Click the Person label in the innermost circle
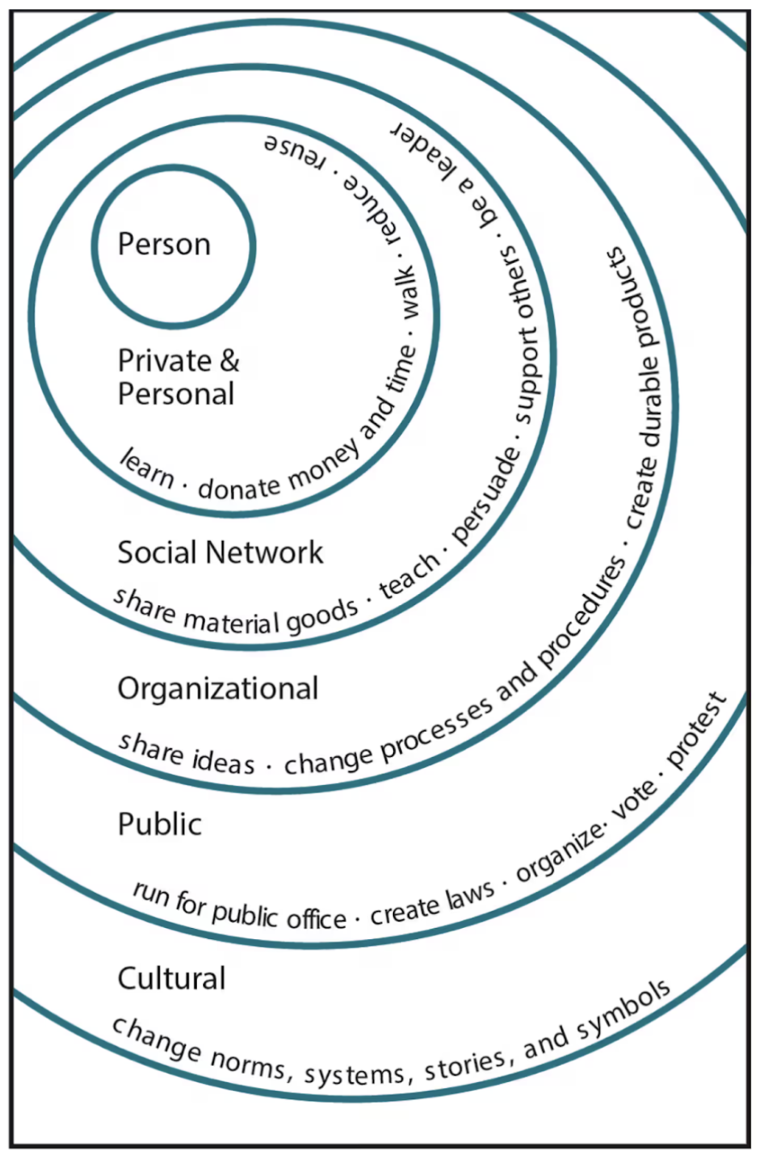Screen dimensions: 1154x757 coord(164,245)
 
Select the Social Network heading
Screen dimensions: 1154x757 coord(221,552)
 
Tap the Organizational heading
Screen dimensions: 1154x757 coord(218,687)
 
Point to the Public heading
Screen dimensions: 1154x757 coord(160,824)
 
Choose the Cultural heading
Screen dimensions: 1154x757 coord(172,978)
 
